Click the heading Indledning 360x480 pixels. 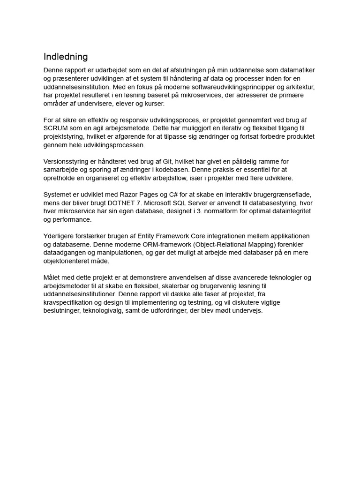point(66,57)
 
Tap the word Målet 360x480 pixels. point(53,277)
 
